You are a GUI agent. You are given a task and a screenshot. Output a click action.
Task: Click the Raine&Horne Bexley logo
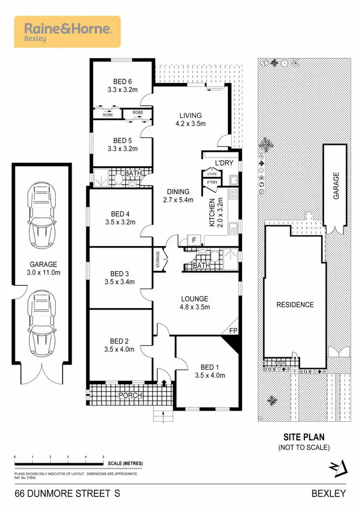(x=67, y=32)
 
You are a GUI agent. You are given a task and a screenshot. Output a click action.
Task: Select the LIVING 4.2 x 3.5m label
(x=191, y=119)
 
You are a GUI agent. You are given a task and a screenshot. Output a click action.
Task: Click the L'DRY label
(x=223, y=163)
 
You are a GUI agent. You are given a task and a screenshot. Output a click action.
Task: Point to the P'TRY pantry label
(x=212, y=183)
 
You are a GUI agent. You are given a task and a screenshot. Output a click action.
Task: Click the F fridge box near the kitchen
(x=194, y=240)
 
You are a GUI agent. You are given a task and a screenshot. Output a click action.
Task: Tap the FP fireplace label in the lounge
(x=233, y=331)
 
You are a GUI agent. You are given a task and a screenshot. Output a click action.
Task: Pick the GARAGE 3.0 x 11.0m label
(x=43, y=268)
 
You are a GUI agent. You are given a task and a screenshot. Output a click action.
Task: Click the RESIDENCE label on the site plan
(x=295, y=305)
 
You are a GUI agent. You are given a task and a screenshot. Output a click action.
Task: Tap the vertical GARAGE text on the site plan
(x=336, y=186)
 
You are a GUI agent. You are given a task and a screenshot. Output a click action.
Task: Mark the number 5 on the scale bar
(x=103, y=457)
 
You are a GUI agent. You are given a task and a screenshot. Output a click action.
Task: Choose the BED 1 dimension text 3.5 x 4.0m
(x=210, y=376)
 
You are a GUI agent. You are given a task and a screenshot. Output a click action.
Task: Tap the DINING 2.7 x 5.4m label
(x=178, y=196)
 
